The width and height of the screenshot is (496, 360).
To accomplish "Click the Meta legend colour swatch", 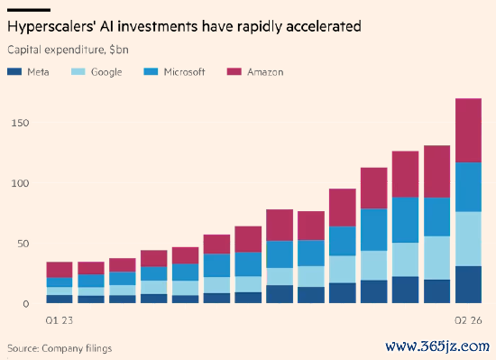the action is (14, 72).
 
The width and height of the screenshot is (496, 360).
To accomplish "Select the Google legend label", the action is (106, 72).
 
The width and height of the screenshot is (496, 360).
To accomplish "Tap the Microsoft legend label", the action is (184, 72).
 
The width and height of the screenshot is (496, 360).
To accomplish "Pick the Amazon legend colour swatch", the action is (234, 72).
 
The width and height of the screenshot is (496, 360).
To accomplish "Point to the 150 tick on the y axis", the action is (20, 123).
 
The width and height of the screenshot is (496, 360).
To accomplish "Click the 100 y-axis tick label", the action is (20, 183).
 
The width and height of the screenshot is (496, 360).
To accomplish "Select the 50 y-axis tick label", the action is (23, 244).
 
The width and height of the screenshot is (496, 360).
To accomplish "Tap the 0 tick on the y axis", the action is (26, 304).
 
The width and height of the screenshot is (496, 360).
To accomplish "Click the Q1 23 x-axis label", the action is (60, 321).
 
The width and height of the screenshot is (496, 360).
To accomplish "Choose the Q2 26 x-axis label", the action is (468, 321).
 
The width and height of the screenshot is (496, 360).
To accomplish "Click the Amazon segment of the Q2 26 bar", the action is (468, 130).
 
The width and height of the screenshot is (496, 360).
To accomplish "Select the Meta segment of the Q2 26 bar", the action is (468, 285).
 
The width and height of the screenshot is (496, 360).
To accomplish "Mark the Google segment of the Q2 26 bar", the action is (468, 239).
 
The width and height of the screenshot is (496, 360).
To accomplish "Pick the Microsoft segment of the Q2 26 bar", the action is (468, 187).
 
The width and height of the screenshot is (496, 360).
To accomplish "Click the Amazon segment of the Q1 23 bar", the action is (60, 270).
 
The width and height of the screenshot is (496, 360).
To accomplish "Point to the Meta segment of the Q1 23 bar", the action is (60, 300).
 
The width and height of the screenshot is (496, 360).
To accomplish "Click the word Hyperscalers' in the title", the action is (51, 27).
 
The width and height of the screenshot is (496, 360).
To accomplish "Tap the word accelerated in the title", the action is (323, 26).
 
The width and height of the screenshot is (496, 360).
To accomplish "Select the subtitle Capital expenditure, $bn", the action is (68, 50).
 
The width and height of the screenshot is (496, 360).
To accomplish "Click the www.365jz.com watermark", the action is (437, 346).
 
